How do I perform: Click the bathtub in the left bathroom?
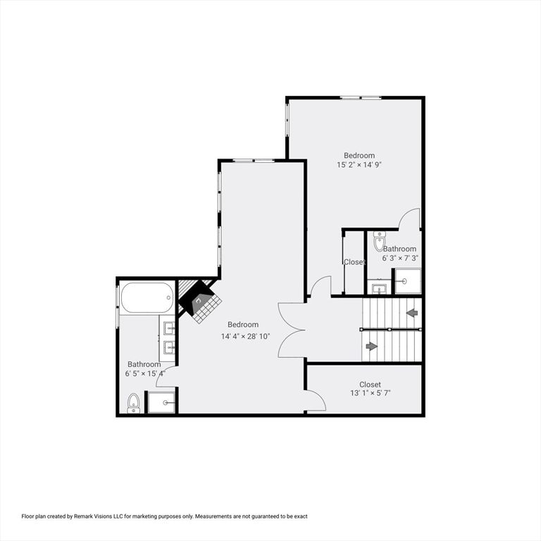(x=147, y=297)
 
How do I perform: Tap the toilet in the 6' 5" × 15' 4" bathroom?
(x=134, y=403)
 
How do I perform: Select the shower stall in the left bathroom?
(x=161, y=402)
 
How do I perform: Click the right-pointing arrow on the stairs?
(x=371, y=346)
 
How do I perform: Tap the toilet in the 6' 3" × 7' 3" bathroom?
(x=380, y=242)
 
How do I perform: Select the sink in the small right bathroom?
(x=379, y=288)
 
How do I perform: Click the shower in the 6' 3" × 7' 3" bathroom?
(x=406, y=281)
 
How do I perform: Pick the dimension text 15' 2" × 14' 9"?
(x=359, y=165)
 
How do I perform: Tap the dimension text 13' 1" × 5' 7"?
(x=370, y=393)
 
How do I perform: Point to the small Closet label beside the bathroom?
(x=354, y=262)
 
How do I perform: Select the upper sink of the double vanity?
(x=169, y=328)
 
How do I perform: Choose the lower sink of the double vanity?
(x=169, y=347)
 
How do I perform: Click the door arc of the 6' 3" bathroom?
(x=410, y=219)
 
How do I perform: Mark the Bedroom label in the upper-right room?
(x=359, y=155)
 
